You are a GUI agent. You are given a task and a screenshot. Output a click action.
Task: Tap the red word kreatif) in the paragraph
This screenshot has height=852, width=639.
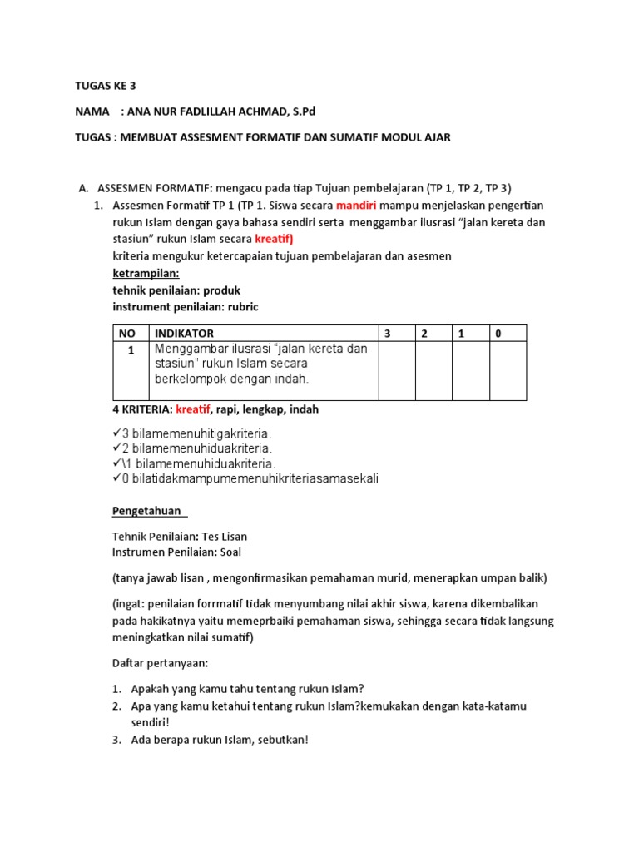(x=280, y=240)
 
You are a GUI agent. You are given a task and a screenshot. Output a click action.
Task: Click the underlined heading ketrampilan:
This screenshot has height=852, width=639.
(x=146, y=273)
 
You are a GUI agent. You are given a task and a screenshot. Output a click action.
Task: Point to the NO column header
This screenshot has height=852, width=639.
(x=126, y=334)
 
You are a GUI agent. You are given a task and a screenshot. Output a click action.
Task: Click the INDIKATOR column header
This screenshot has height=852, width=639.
(x=184, y=334)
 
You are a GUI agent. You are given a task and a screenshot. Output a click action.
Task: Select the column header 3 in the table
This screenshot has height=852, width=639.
(x=386, y=334)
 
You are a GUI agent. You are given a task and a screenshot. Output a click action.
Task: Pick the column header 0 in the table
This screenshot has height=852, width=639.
(x=498, y=334)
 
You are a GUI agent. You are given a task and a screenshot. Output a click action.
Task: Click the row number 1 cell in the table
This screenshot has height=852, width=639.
(x=131, y=350)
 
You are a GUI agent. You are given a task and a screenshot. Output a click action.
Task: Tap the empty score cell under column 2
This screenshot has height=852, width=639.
(x=433, y=371)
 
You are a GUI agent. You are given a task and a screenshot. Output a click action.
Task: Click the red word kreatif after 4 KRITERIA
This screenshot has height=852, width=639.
(x=193, y=409)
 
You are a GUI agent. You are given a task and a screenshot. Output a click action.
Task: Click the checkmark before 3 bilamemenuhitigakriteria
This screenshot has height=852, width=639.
(x=116, y=433)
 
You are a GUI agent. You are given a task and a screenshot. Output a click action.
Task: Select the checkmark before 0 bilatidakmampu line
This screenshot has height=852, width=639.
(x=116, y=478)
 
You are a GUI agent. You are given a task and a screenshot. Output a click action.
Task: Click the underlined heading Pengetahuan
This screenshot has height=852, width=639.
(x=148, y=511)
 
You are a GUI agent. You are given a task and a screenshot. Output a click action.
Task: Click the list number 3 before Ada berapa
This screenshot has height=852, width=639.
(x=116, y=740)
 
